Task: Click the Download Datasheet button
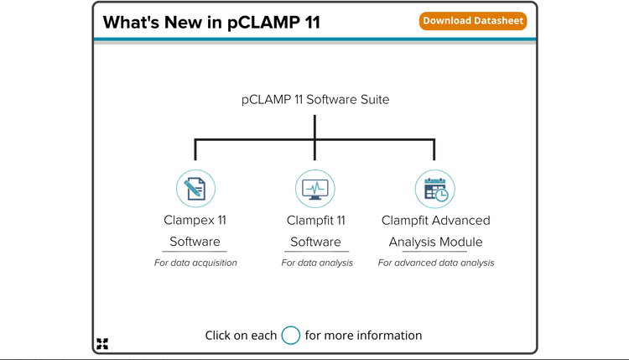click(473, 21)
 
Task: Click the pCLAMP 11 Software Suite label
click(314, 99)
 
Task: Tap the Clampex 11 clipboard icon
click(195, 189)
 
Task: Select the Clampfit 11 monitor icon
click(314, 189)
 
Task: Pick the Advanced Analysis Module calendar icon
click(435, 189)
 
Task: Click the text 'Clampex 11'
click(195, 221)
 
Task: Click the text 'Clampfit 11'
click(315, 221)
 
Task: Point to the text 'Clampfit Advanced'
click(435, 221)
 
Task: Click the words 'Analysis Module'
click(435, 243)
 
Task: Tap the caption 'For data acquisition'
click(195, 263)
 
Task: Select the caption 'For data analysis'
click(317, 263)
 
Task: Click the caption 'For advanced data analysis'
click(435, 263)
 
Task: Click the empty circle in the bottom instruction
click(290, 336)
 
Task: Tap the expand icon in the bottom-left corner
click(102, 343)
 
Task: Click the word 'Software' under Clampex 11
click(195, 243)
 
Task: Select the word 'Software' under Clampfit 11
click(315, 243)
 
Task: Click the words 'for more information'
click(363, 336)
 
